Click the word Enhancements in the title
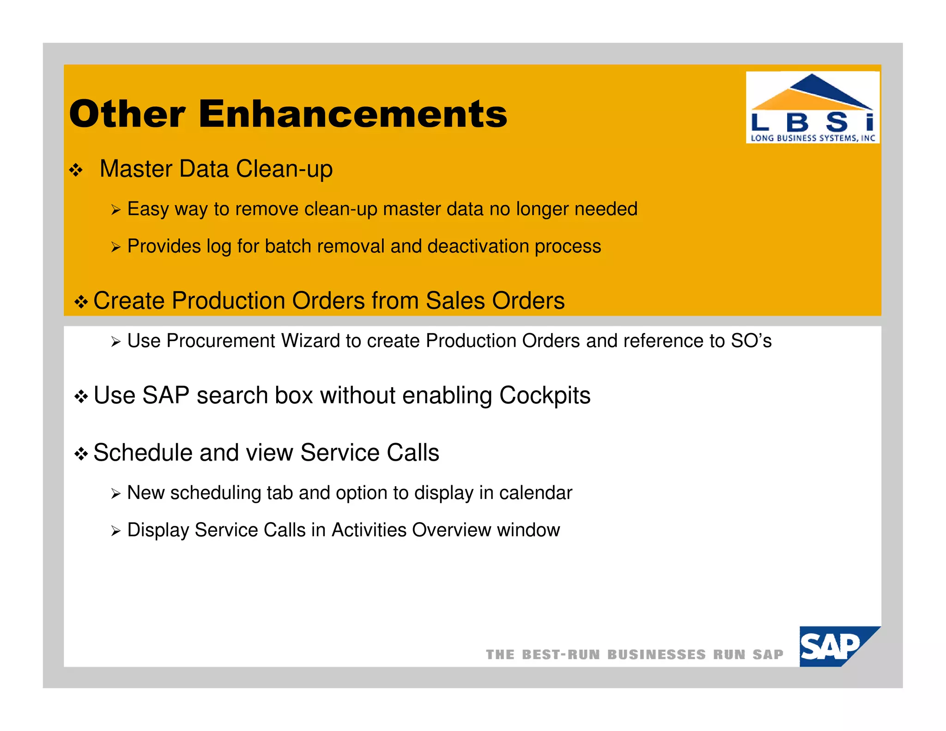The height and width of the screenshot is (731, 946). [353, 114]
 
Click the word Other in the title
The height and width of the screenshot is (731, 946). [127, 114]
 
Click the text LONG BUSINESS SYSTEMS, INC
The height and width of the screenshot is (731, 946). [813, 138]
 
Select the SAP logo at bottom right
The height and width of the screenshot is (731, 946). [834, 646]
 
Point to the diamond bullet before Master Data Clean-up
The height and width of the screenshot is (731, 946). [76, 171]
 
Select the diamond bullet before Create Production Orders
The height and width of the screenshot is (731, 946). [81, 302]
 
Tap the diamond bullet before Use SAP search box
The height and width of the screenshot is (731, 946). [81, 397]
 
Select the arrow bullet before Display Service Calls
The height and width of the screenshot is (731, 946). [115, 531]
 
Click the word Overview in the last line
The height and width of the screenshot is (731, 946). [451, 530]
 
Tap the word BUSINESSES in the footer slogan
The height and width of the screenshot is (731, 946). [656, 655]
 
